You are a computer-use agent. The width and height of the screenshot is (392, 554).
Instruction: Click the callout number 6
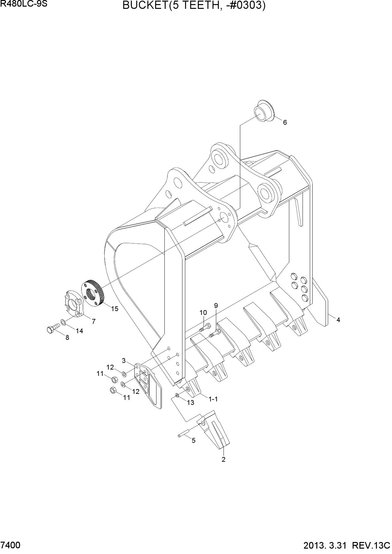[285, 122]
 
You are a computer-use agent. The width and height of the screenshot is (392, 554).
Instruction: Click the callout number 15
[114, 309]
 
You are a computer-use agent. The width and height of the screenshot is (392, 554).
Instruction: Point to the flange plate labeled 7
[72, 304]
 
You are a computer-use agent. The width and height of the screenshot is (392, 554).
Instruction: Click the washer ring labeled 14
[63, 322]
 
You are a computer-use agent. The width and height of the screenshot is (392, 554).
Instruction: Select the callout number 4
[338, 320]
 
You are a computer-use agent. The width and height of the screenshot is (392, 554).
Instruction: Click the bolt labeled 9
[215, 333]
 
